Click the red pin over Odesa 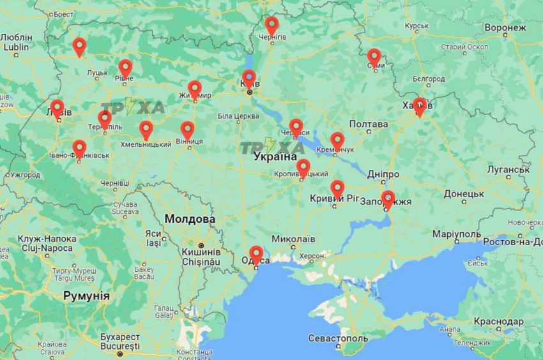[256, 255]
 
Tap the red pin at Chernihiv [271, 26]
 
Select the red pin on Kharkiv [419, 107]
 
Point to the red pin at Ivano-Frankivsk [79, 149]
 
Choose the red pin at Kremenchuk [337, 140]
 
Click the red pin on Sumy [374, 57]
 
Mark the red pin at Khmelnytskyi [146, 130]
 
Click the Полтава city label [369, 124]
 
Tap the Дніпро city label [383, 174]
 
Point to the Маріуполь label [456, 234]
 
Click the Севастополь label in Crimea [338, 338]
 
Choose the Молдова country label [190, 219]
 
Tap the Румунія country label [86, 296]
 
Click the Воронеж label [505, 28]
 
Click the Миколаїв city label [293, 239]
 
